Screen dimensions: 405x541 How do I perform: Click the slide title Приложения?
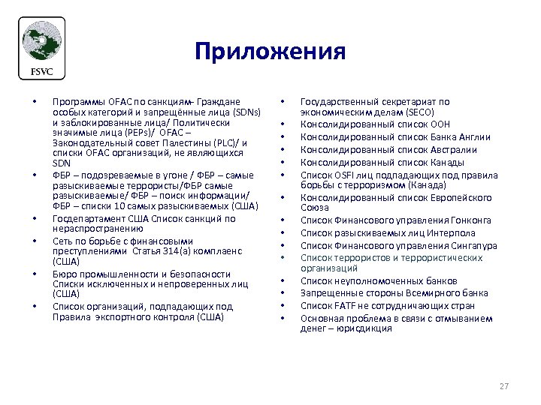(x=270, y=52)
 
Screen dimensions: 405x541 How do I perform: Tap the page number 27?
(x=503, y=386)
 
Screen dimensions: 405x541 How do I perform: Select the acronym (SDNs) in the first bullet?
(x=246, y=112)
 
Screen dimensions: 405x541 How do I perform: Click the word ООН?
(x=439, y=124)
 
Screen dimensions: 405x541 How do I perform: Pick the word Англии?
(x=473, y=136)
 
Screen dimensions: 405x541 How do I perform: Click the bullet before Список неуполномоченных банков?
(x=283, y=280)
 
